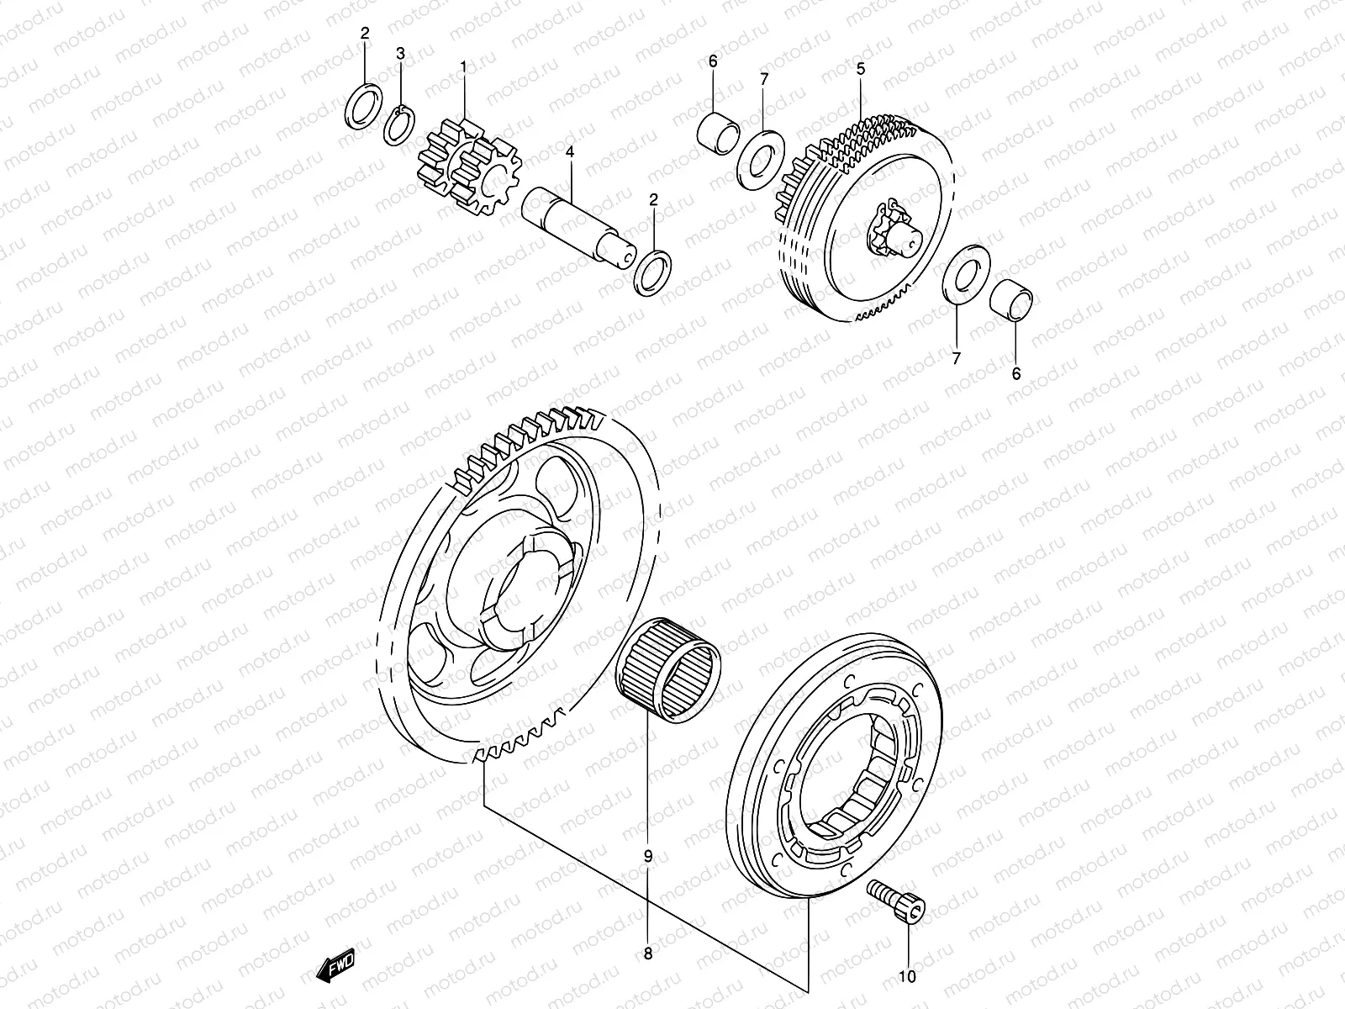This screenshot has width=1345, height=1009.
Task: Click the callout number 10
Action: pos(908,976)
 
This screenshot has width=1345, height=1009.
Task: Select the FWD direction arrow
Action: pos(336,965)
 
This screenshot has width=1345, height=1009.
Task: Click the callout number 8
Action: pos(647,954)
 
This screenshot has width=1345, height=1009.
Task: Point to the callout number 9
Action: pos(647,857)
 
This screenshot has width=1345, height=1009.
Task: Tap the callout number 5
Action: pos(861,70)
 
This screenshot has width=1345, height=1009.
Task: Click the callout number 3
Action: pos(401,53)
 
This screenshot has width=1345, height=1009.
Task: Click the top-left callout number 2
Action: pos(364,34)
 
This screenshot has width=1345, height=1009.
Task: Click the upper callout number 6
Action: pos(713,61)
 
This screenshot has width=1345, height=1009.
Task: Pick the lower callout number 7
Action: pos(956,358)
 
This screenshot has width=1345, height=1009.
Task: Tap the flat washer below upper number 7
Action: pos(761,156)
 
